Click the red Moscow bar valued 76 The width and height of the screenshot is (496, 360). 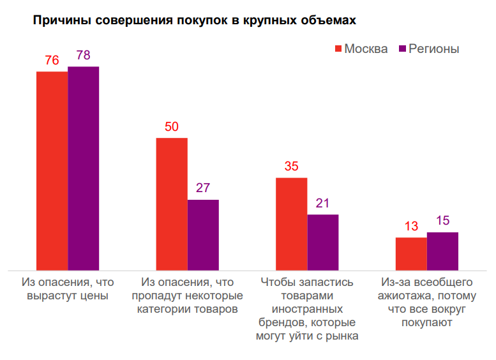click(x=52, y=170)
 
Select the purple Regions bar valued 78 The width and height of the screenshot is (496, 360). click(x=83, y=168)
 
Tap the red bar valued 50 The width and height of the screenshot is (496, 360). click(x=172, y=204)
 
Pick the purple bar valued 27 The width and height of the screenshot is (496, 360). click(x=203, y=234)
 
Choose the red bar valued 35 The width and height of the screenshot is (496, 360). click(x=291, y=223)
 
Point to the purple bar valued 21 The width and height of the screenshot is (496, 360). click(x=322, y=242)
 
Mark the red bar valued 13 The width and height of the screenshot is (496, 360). click(x=411, y=253)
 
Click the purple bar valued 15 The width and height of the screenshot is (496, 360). click(x=442, y=251)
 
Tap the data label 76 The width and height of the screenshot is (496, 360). click(x=52, y=61)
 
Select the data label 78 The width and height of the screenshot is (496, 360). click(x=83, y=56)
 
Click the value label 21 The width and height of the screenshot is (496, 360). click(x=322, y=204)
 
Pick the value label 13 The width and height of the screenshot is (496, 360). click(x=411, y=227)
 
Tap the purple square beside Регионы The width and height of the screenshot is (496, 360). click(x=402, y=49)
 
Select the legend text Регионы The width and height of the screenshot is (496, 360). click(x=433, y=49)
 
